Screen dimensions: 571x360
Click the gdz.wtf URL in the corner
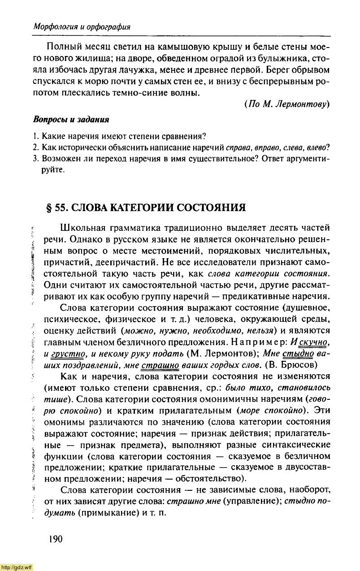17,566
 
